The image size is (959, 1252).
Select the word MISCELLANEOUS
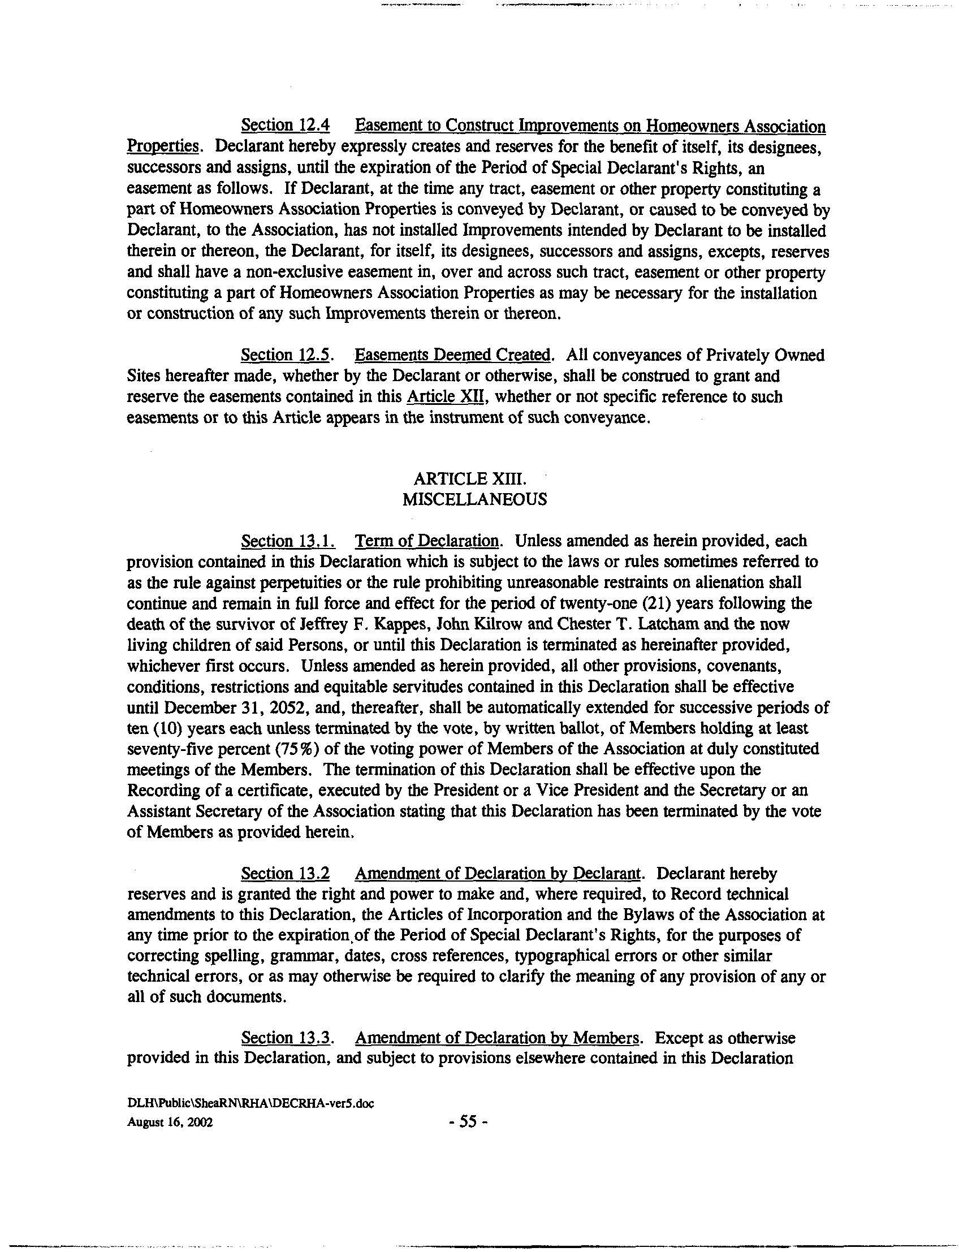(474, 499)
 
